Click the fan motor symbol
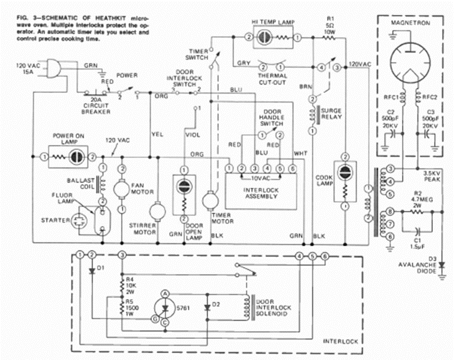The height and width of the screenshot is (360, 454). click(x=122, y=188)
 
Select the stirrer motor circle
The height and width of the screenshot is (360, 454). click(x=157, y=211)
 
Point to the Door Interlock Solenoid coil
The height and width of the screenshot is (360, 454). click(x=247, y=309)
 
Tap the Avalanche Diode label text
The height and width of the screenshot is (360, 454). click(x=428, y=265)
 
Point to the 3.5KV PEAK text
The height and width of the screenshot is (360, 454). click(x=429, y=174)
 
